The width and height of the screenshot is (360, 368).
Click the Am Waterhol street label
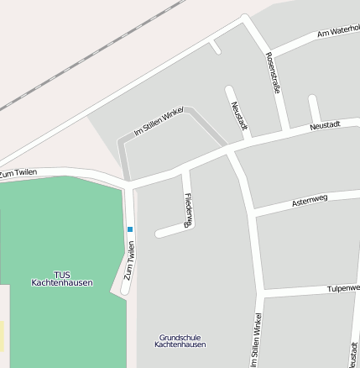[x=338, y=32]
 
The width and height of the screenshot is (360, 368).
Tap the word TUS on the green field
[x=62, y=275]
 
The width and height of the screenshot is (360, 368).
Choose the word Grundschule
[x=181, y=338]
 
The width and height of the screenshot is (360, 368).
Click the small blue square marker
[x=130, y=229]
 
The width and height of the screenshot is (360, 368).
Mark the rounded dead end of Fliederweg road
[x=159, y=233]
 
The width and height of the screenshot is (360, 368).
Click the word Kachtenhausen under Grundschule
[x=181, y=345]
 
